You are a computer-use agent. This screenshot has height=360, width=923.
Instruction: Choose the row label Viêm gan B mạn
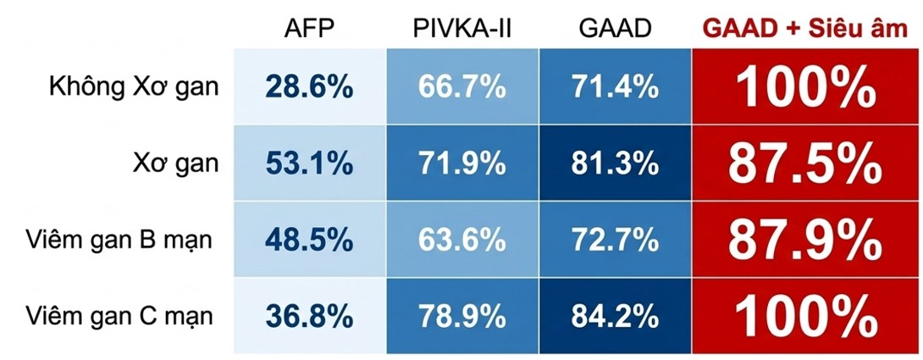tap(119, 240)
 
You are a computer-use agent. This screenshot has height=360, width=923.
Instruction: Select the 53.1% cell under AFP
tap(309, 163)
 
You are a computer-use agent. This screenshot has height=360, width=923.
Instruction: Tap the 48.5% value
tap(309, 240)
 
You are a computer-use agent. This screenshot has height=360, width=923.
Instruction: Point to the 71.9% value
tap(461, 163)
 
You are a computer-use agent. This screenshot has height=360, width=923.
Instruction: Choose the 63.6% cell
tap(461, 240)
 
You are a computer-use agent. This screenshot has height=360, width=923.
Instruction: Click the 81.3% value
tap(615, 163)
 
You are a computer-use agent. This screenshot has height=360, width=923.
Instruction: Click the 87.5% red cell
tap(805, 163)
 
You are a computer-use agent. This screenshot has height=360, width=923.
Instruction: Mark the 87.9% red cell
tap(805, 240)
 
